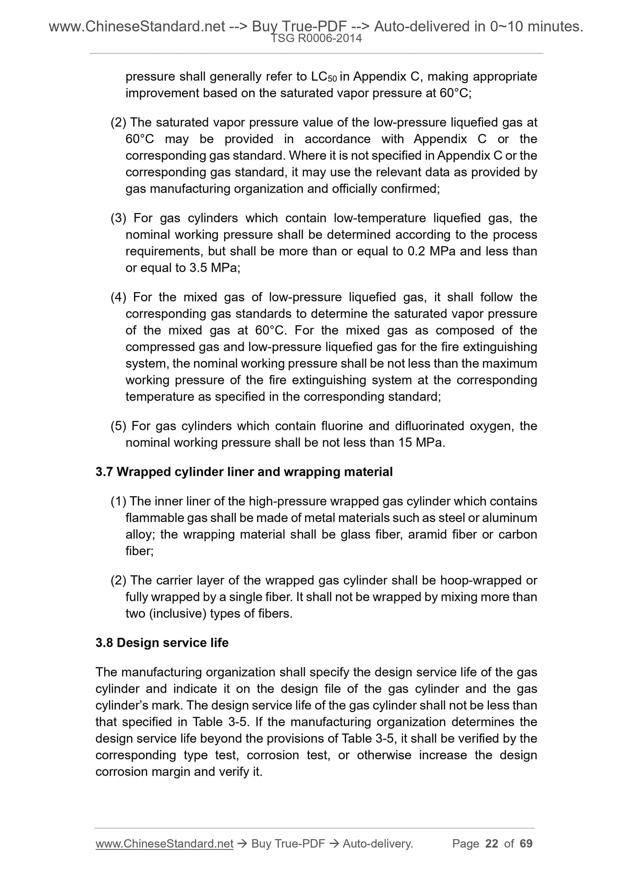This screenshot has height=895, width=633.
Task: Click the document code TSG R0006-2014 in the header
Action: (316, 39)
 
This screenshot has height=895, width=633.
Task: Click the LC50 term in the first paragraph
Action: (324, 77)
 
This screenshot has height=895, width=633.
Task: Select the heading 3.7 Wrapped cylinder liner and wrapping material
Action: (244, 472)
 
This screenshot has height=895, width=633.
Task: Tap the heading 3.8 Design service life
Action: (162, 643)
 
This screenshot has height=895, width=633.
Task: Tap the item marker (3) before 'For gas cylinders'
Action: (118, 218)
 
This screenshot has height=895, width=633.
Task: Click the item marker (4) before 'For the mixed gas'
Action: (118, 297)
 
